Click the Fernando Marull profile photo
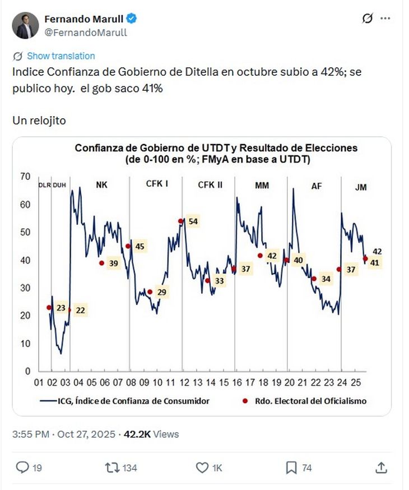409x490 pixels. (26, 26)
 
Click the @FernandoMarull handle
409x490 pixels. (86, 33)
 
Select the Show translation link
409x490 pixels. (61, 56)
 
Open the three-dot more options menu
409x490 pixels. (385, 19)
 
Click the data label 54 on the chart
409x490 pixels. (193, 221)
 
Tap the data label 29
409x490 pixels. (161, 292)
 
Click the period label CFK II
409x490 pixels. (210, 186)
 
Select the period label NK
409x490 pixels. (102, 186)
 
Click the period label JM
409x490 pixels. (361, 187)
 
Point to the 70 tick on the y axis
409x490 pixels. (25, 177)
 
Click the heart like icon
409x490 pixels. (202, 468)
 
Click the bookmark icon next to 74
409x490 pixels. (291, 468)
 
